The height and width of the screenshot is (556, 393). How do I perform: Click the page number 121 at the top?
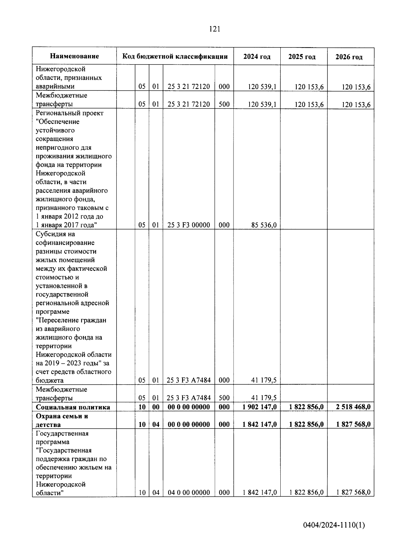[x=215, y=29]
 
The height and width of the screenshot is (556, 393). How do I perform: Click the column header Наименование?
[x=74, y=56]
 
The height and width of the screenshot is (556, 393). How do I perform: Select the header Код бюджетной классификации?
[x=175, y=56]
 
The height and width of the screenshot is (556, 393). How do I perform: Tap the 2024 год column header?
[x=257, y=57]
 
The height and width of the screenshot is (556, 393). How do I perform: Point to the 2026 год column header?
[x=349, y=57]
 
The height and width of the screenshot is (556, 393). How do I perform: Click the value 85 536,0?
[x=264, y=225]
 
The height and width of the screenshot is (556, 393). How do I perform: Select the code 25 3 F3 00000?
[x=189, y=225]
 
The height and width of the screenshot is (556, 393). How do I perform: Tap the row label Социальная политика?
[x=73, y=407]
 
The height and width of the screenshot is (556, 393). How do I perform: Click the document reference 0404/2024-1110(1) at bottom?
[x=334, y=525]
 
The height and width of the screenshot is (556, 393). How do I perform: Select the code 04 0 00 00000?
[x=189, y=492]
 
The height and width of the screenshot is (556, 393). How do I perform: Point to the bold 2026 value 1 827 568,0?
[x=353, y=425]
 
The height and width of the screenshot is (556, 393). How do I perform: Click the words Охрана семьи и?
[x=62, y=416]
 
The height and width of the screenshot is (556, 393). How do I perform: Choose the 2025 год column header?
[x=302, y=57]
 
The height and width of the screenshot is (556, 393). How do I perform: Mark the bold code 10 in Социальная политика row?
[x=142, y=407]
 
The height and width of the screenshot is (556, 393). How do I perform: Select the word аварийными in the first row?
[x=55, y=86]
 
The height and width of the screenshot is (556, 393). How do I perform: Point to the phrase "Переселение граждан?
[x=71, y=320]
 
